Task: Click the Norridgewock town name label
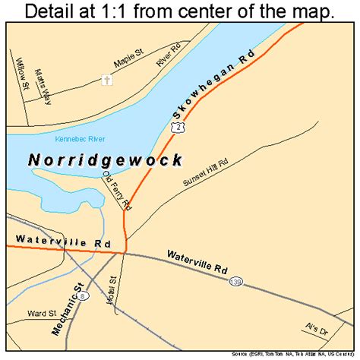click(x=106, y=160)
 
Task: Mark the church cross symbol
click(x=107, y=80)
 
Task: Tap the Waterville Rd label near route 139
click(x=203, y=267)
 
